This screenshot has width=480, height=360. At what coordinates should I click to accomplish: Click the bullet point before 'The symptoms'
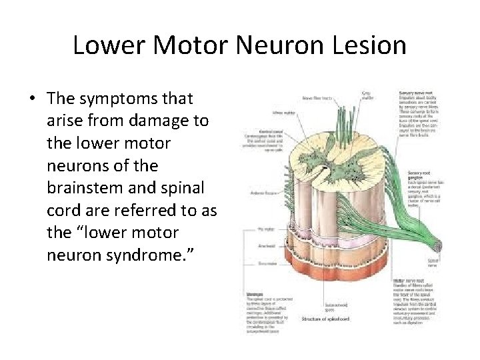pyautogui.click(x=32, y=99)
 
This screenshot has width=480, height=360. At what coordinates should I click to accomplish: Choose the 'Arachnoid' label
pyautogui.click(x=266, y=246)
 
